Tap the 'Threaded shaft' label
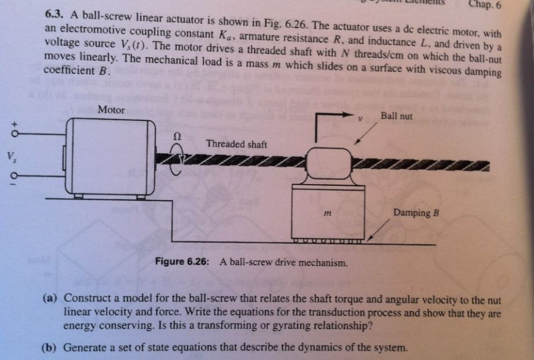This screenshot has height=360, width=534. click(236, 144)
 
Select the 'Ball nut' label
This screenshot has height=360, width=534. click(396, 116)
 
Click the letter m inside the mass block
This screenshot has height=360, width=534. click(328, 215)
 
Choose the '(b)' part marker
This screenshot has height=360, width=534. click(51, 347)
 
